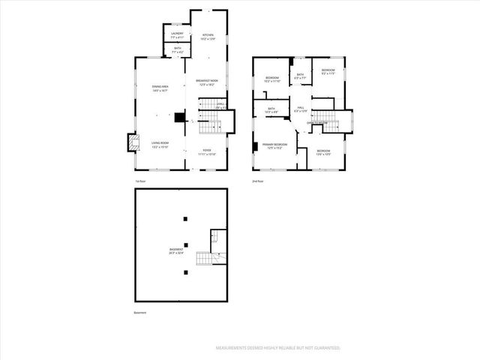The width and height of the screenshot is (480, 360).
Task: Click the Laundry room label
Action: (x=177, y=34)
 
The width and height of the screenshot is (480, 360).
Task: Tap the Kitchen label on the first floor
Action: (x=209, y=36)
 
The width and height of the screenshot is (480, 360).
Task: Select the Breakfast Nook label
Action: (x=207, y=82)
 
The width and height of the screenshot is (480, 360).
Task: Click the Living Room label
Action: (x=160, y=144)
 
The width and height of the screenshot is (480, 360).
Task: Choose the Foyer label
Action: (x=206, y=151)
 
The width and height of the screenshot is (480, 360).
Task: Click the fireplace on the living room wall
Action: (x=132, y=141)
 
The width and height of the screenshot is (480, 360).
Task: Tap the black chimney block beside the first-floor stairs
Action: (x=179, y=117)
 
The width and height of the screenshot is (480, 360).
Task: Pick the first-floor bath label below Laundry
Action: (x=177, y=49)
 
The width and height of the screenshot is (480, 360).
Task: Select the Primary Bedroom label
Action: (x=275, y=145)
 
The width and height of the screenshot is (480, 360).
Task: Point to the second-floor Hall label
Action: (x=300, y=109)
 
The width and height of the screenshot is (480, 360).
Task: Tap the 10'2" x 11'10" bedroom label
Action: (x=272, y=79)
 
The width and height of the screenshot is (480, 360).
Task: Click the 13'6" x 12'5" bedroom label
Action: (x=323, y=153)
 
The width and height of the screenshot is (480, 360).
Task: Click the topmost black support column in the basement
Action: (x=184, y=218)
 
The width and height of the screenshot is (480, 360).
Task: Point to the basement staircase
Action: (x=206, y=259)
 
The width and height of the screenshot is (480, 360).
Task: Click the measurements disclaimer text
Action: (x=277, y=348)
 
